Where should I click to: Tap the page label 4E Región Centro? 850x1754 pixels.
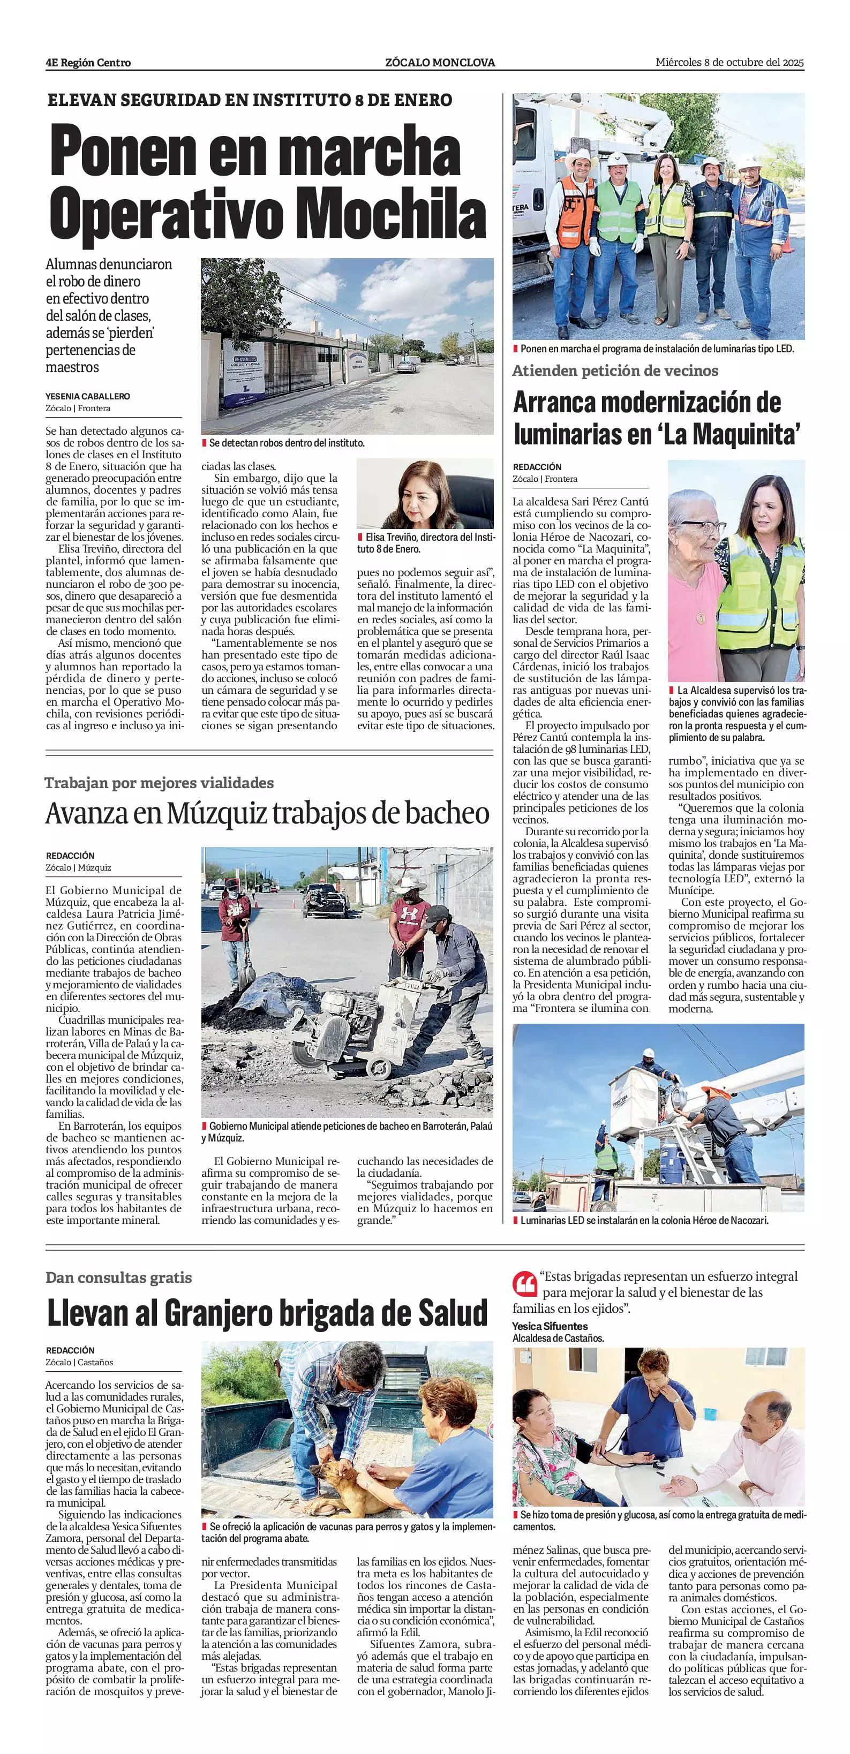point(88,63)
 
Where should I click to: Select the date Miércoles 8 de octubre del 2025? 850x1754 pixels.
point(729,62)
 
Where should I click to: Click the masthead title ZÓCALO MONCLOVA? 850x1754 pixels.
point(440,63)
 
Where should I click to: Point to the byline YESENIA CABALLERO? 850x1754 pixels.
point(88,396)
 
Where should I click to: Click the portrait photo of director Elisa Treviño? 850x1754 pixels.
point(425,494)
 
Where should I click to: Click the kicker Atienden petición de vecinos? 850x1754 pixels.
point(615,371)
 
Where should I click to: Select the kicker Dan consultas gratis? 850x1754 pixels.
point(118,1277)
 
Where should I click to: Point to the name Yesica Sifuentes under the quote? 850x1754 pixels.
point(550,1326)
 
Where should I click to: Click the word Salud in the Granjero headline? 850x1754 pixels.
point(452,1313)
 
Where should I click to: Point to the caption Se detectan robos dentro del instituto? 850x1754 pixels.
point(287,443)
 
